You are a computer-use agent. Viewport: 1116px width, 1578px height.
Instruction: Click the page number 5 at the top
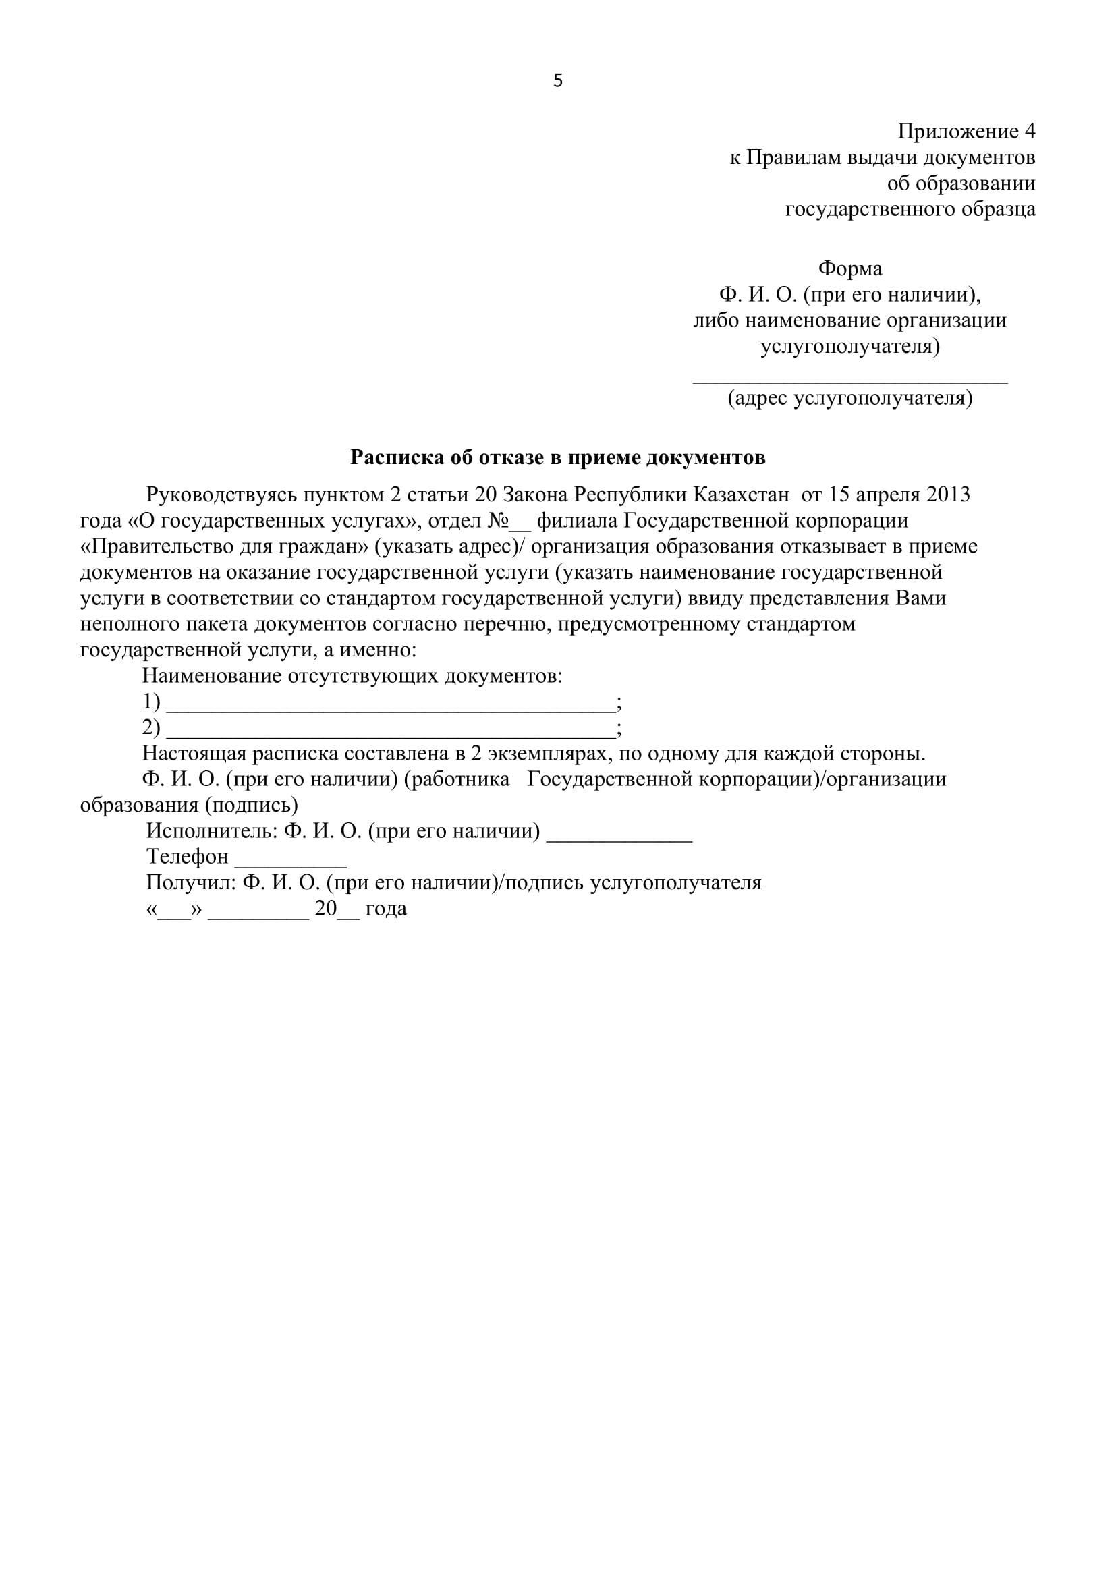click(x=557, y=81)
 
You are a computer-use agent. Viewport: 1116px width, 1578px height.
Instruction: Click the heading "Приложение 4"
click(x=966, y=131)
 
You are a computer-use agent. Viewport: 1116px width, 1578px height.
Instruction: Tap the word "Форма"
click(x=850, y=269)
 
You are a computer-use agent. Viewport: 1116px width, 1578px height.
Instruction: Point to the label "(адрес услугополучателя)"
click(x=850, y=397)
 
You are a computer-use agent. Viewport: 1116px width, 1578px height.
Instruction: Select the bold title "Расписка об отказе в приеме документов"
click(x=557, y=457)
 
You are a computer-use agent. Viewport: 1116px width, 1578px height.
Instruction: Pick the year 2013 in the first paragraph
click(x=947, y=495)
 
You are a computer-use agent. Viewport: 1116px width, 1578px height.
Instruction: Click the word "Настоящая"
click(x=194, y=754)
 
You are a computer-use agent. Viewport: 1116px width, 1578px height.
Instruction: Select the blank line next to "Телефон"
click(x=291, y=865)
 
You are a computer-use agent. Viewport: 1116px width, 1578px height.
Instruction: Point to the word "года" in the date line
click(x=385, y=909)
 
